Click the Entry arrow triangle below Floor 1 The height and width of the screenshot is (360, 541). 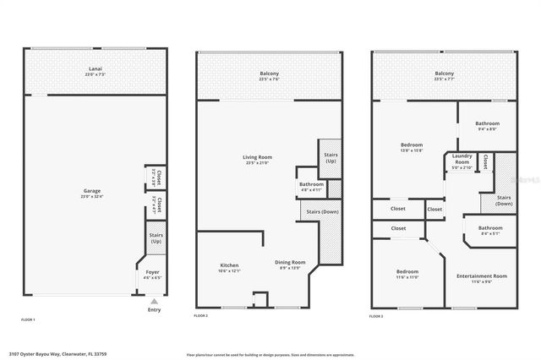[153, 301]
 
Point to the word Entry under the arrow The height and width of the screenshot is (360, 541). [153, 309]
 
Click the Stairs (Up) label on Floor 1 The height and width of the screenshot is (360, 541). [156, 237]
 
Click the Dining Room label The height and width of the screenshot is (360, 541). [290, 262]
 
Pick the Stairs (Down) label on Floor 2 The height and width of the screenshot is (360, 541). [322, 211]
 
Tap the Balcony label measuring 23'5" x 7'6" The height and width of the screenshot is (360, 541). [269, 74]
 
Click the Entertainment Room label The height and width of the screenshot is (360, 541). [481, 276]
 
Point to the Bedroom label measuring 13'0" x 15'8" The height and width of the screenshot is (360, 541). [412, 145]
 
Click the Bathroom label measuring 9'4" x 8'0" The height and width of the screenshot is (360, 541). [487, 123]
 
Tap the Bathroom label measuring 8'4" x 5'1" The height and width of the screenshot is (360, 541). [490, 228]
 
